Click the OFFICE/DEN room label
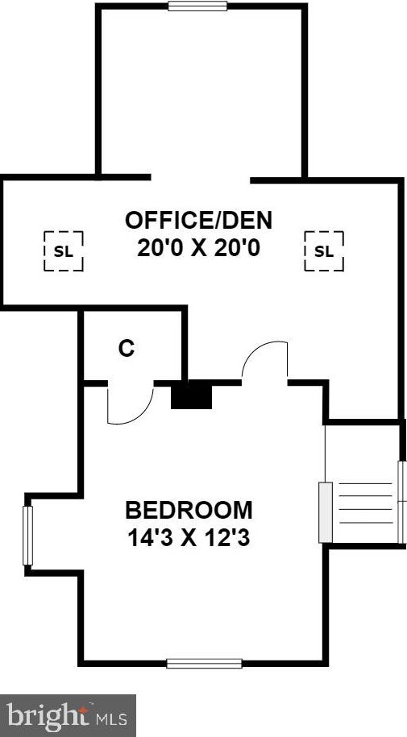[x=198, y=219]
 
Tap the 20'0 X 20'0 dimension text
[x=198, y=247]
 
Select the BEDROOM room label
[x=189, y=510]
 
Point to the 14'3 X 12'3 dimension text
[x=189, y=537]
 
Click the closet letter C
[x=126, y=348]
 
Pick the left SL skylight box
[x=63, y=250]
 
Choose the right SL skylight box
[x=323, y=250]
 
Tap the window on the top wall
[x=197, y=6]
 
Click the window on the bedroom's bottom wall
[x=204, y=663]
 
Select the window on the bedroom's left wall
[x=27, y=535]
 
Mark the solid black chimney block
[x=191, y=396]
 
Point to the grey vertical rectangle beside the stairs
[x=326, y=511]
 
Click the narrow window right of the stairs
[x=401, y=500]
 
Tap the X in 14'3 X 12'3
[x=189, y=537]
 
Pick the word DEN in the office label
[x=245, y=219]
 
